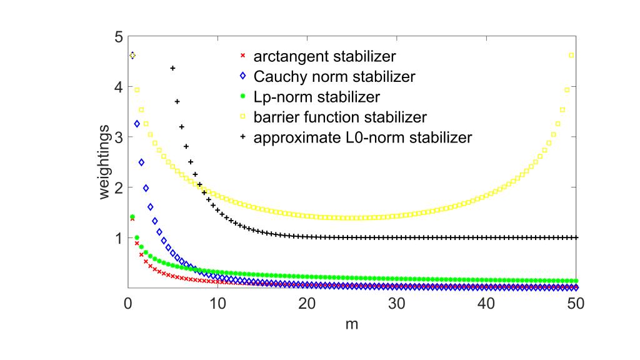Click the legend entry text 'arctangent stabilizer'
pyautogui.click(x=324, y=57)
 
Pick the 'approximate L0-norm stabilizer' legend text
pyautogui.click(x=362, y=137)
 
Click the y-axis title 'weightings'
pyautogui.click(x=105, y=162)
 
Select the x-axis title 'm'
pyautogui.click(x=352, y=326)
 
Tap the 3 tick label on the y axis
pyautogui.click(x=117, y=137)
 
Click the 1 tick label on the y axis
pyautogui.click(x=117, y=238)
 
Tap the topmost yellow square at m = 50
pyautogui.click(x=571, y=56)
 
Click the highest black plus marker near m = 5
pyautogui.click(x=172, y=68)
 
